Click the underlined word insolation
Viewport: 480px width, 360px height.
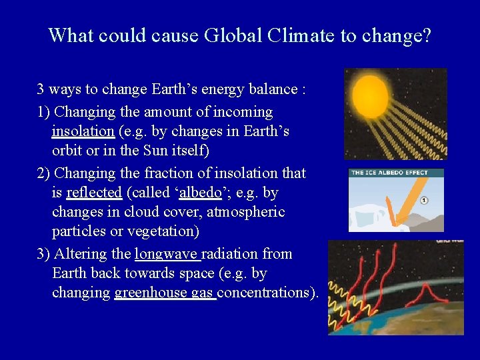pyautogui.click(x=83, y=131)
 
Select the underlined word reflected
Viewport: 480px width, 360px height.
pyautogui.click(x=94, y=193)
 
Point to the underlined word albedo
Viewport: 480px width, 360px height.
pyautogui.click(x=200, y=193)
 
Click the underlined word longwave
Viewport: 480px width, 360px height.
pyautogui.click(x=166, y=254)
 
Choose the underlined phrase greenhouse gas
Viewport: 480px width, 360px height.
pyautogui.click(x=165, y=293)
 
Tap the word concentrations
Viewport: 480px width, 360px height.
pyautogui.click(x=268, y=293)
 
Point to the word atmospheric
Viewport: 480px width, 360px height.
pyautogui.click(x=245, y=212)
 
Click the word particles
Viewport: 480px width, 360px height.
pyautogui.click(x=80, y=231)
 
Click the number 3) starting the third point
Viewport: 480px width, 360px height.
pyautogui.click(x=44, y=254)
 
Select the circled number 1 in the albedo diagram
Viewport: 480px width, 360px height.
pyautogui.click(x=424, y=200)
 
